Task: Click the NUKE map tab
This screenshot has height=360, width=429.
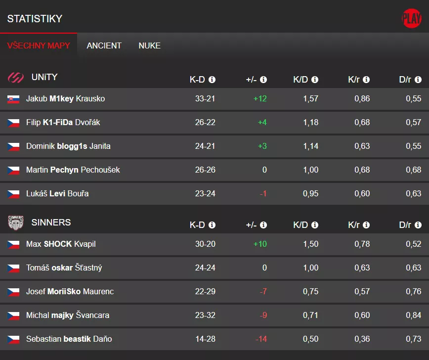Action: (149, 45)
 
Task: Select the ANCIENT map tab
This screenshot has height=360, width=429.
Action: (104, 45)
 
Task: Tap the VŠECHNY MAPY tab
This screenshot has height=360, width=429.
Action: (39, 45)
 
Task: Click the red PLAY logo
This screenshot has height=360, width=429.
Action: (411, 19)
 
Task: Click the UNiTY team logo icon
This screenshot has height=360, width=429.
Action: (16, 78)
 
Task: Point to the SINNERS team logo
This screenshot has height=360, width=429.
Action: (16, 223)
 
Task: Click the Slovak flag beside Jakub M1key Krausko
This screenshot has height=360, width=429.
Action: (13, 99)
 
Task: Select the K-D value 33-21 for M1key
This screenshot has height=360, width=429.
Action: (205, 99)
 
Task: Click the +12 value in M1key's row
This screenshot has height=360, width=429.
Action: (260, 99)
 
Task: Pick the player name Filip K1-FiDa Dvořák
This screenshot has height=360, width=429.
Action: (63, 123)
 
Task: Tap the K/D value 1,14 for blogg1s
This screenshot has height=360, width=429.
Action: (310, 146)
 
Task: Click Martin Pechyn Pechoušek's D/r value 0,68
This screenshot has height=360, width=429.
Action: (413, 170)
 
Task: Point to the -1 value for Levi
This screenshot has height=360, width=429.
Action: (263, 194)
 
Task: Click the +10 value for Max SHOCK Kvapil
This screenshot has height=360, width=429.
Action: (260, 244)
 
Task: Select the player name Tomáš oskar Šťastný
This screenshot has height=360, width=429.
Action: (64, 268)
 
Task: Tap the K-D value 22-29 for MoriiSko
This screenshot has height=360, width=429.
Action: (205, 292)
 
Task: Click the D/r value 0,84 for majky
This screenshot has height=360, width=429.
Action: (413, 315)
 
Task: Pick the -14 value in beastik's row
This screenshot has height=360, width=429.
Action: (261, 339)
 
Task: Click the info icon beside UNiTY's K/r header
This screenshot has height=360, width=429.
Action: (366, 80)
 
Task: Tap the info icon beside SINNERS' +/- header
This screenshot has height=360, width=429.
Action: (263, 225)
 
